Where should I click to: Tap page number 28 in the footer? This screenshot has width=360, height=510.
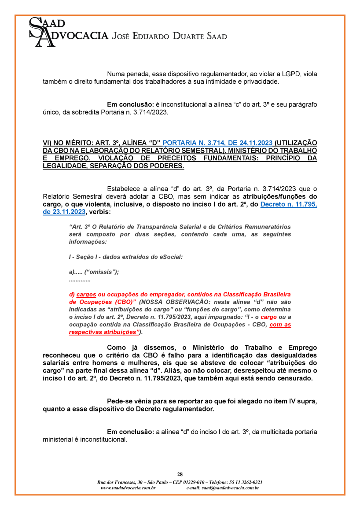point(180,474)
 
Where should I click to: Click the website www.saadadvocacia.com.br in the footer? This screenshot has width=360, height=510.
point(128,488)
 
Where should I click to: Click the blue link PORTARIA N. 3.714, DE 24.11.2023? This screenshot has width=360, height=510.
point(217,143)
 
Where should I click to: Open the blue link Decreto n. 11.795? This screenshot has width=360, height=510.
point(288,204)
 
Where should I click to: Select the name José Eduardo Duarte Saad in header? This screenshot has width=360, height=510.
point(170,36)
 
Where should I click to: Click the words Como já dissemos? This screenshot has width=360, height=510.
point(135,347)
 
